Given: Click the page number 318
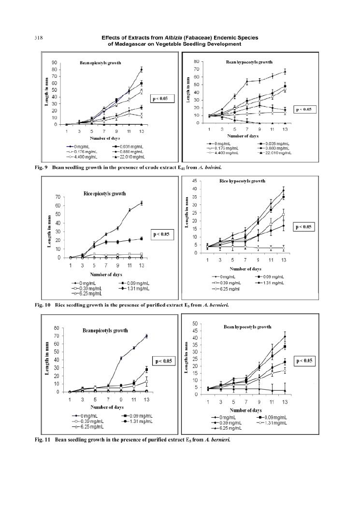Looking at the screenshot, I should coord(38,38).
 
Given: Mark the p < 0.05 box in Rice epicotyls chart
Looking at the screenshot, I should coord(162,234).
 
